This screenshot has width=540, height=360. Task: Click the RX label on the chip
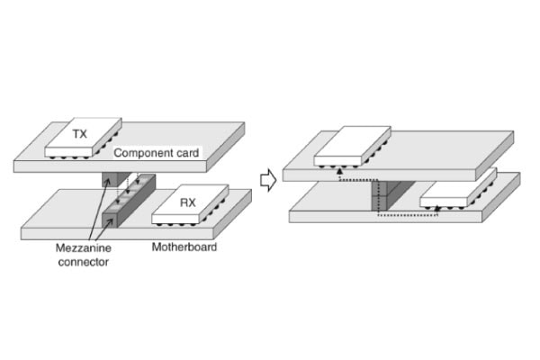tap(187, 202)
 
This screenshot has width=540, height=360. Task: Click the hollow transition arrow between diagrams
tap(266, 179)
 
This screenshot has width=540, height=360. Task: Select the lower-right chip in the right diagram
tap(455, 188)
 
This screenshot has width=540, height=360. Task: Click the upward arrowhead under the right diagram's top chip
tap(338, 172)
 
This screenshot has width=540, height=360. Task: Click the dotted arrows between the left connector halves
tap(134, 190)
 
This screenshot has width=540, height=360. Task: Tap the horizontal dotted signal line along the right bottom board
tap(405, 216)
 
